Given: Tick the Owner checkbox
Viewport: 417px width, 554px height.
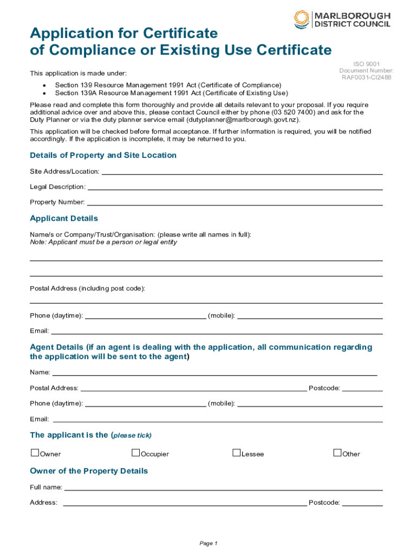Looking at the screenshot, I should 35,453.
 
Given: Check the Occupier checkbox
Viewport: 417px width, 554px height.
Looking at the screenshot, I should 136,453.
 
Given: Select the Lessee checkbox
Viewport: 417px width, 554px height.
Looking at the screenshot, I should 237,453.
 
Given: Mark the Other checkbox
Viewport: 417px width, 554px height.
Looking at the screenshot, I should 337,453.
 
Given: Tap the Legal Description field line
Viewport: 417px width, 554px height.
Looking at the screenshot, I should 235,188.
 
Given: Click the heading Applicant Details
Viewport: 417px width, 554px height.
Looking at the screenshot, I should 64,219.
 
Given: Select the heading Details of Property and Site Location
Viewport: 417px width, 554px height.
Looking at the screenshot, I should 103,155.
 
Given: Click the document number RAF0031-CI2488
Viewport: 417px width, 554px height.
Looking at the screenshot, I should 366,77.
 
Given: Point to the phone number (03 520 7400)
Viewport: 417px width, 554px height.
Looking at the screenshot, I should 293,113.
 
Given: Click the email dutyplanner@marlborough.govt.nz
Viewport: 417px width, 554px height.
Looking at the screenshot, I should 242,120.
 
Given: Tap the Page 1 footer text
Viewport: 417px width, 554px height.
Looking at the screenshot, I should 208,543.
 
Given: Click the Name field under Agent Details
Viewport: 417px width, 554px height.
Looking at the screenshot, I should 214,374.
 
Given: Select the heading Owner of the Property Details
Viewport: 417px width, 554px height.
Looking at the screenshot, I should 89,471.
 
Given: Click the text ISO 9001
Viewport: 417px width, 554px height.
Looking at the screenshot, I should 366,64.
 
